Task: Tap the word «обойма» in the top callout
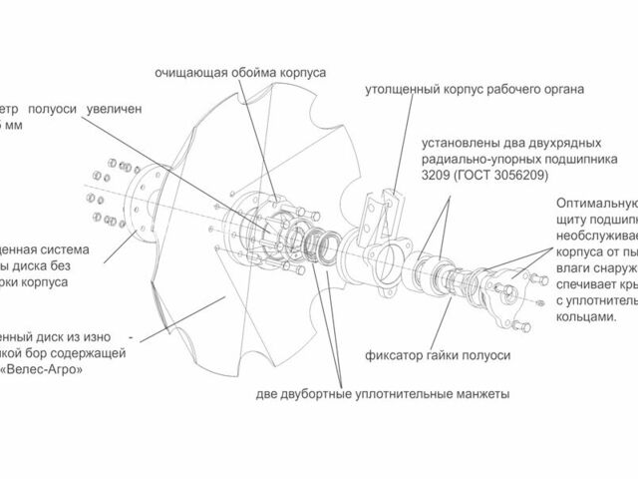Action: click(x=254, y=73)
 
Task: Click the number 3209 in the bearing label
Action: click(x=438, y=175)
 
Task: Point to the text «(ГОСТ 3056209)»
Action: click(x=503, y=175)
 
